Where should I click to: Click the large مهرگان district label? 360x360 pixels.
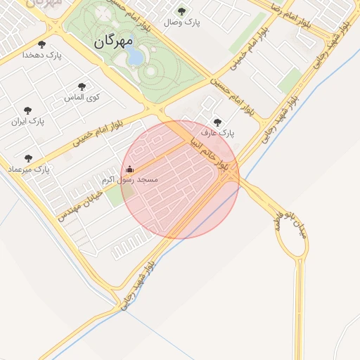coord(112,41)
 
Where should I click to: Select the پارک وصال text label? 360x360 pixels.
coord(182,23)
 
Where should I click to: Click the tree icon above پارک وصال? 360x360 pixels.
coord(182,11)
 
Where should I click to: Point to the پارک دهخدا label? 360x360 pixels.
coord(42,54)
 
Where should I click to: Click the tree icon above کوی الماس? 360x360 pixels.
coord(83,86)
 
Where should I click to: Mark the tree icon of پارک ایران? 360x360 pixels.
coord(28,110)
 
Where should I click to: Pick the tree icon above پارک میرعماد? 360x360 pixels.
coord(28,158)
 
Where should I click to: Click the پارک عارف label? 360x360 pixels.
coord(217,132)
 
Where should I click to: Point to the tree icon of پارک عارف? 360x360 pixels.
coord(217,121)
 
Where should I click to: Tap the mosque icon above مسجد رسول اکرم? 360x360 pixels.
coord(129,169)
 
